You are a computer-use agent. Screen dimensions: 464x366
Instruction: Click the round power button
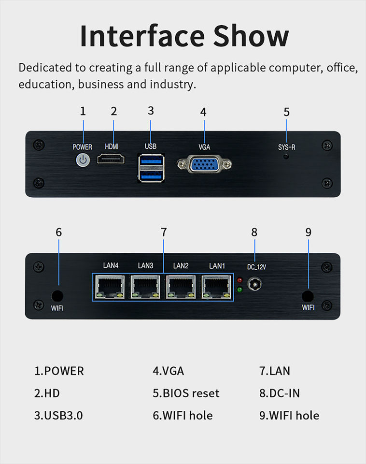83,159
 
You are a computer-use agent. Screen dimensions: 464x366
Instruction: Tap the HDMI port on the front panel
111,159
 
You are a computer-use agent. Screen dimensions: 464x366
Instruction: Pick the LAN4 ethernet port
111,287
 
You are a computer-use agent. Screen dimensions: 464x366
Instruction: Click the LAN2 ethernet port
181,287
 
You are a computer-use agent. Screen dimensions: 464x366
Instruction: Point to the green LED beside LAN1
239,290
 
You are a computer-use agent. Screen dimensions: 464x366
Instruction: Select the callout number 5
286,112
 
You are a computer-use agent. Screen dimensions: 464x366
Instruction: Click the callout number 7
164,232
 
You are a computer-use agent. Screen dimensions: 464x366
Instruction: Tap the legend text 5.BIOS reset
186,393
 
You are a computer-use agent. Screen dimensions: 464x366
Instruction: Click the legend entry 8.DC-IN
280,393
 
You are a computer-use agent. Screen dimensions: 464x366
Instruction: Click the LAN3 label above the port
145,265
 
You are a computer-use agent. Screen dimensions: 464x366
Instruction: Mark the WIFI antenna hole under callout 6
57,296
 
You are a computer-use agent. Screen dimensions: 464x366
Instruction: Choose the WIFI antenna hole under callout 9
308,296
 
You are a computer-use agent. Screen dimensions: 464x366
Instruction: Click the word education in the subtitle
46,84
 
